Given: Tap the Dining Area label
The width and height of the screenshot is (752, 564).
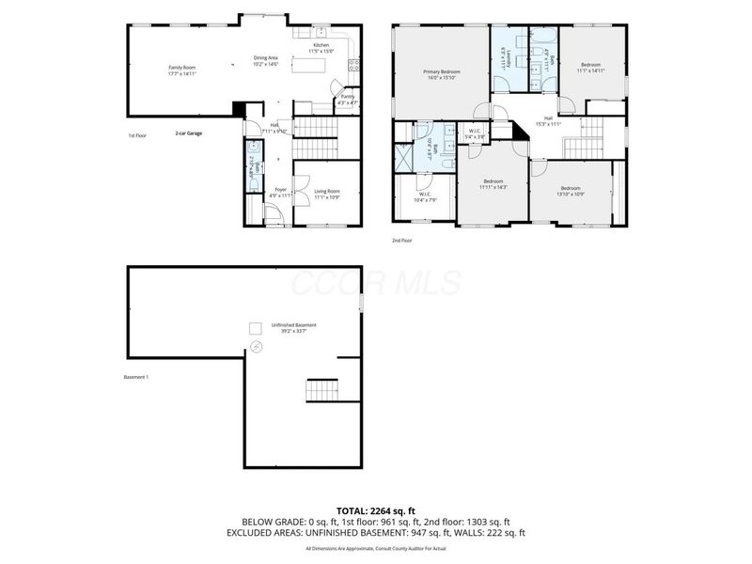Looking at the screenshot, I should pyautogui.click(x=266, y=60).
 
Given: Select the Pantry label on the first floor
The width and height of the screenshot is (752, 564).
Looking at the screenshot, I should pyautogui.click(x=347, y=98).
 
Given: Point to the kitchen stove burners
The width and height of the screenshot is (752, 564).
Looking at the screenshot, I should pyautogui.click(x=354, y=66).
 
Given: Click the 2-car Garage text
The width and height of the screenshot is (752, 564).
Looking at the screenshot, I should pyautogui.click(x=189, y=133).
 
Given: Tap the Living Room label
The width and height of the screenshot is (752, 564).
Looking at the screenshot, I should pyautogui.click(x=326, y=194).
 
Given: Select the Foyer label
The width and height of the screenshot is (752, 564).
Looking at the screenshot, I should pyautogui.click(x=280, y=192).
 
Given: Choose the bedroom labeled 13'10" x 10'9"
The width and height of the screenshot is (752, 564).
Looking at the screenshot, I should pyautogui.click(x=571, y=191).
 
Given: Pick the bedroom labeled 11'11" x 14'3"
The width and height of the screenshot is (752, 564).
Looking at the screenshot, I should pyautogui.click(x=493, y=183).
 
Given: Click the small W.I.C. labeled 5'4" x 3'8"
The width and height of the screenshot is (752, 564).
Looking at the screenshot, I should pyautogui.click(x=476, y=134).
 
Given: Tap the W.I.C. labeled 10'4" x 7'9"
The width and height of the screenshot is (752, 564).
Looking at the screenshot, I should pyautogui.click(x=428, y=197).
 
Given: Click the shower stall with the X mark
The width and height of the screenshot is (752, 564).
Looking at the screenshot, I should pyautogui.click(x=403, y=157).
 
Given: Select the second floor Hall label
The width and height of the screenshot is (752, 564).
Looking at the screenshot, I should pyautogui.click(x=548, y=120).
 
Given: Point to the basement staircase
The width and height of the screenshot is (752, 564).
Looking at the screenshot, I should pyautogui.click(x=321, y=389).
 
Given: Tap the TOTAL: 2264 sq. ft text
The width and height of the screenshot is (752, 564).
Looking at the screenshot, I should pyautogui.click(x=376, y=509).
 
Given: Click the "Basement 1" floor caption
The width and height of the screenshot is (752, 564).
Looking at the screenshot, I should pyautogui.click(x=136, y=377).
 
